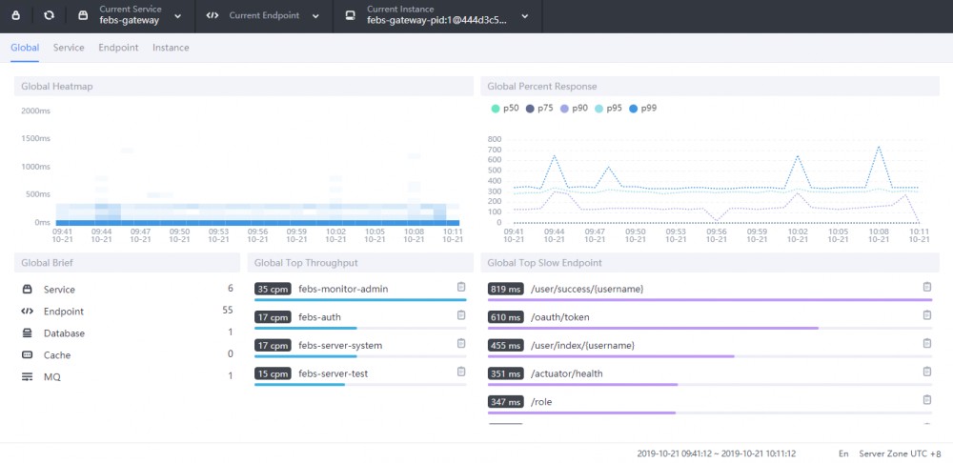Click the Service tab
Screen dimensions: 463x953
pyautogui.click(x=69, y=48)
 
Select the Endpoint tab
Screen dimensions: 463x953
pyautogui.click(x=118, y=48)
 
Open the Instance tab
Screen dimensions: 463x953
pyautogui.click(x=171, y=48)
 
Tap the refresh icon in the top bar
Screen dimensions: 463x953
pyautogui.click(x=49, y=15)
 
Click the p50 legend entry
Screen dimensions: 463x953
pyautogui.click(x=505, y=109)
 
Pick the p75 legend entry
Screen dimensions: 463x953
pyautogui.click(x=539, y=109)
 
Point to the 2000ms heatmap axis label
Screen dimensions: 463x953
pyautogui.click(x=35, y=111)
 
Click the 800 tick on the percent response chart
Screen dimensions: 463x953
pyautogui.click(x=494, y=139)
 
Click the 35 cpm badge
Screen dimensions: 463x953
pyautogui.click(x=273, y=289)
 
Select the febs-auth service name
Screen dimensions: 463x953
pyautogui.click(x=319, y=317)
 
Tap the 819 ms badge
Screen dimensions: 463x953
pyautogui.click(x=505, y=289)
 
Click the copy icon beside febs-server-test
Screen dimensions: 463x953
pyautogui.click(x=461, y=372)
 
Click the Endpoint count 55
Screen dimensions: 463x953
pyautogui.click(x=227, y=312)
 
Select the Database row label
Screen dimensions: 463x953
pyautogui.click(x=64, y=333)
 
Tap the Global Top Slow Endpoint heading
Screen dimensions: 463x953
pyautogui.click(x=544, y=263)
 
